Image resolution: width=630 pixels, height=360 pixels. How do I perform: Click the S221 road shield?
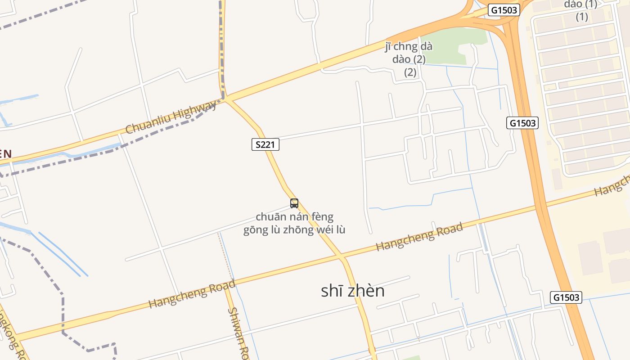265,144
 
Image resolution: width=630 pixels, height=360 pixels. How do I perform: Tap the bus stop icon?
294,203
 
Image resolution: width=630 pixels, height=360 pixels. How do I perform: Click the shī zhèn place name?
353,291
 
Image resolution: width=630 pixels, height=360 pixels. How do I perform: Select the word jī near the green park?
389,46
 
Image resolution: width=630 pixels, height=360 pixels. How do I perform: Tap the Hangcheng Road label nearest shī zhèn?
419,237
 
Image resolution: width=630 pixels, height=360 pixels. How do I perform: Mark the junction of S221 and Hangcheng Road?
342,258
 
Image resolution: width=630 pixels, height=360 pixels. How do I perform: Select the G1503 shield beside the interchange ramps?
504,10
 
